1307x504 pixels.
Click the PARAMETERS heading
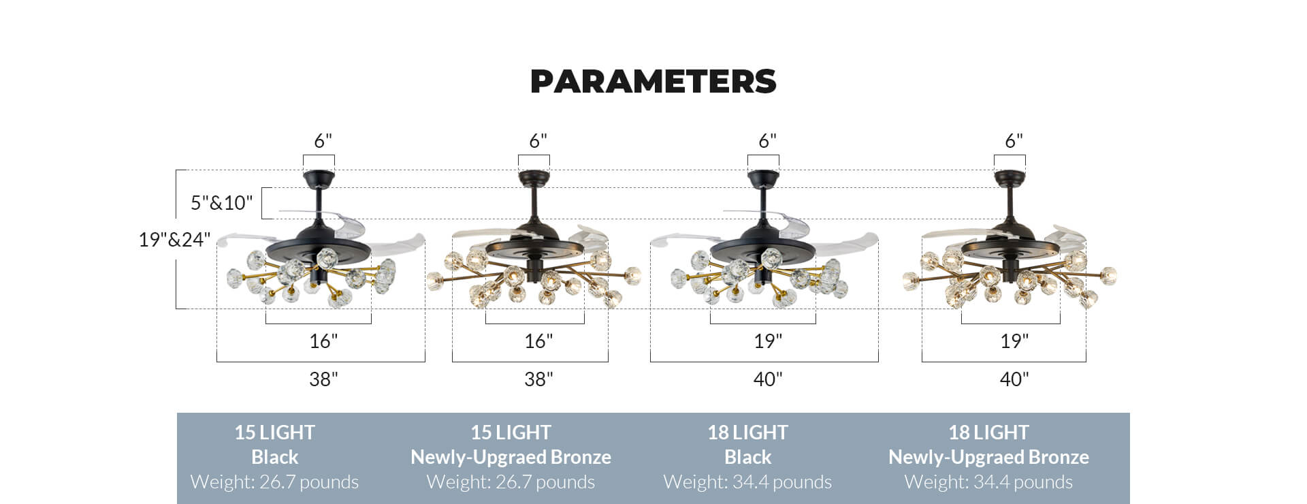pyautogui.click(x=653, y=81)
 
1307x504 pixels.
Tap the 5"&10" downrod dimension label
pyautogui.click(x=221, y=203)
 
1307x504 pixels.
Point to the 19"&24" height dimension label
pyautogui.click(x=174, y=240)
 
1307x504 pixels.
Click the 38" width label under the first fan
pyautogui.click(x=323, y=379)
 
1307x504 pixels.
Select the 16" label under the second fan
pyautogui.click(x=538, y=341)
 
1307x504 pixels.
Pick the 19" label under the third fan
pyautogui.click(x=768, y=341)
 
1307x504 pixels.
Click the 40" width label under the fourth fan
pyautogui.click(x=1014, y=379)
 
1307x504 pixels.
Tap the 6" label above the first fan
pyautogui.click(x=323, y=141)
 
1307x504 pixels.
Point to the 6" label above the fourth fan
pyautogui.click(x=1014, y=141)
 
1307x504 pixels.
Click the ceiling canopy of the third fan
pyautogui.click(x=763, y=179)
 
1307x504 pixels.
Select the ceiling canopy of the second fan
pyautogui.click(x=534, y=178)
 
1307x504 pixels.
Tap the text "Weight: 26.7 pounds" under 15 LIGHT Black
pyautogui.click(x=274, y=482)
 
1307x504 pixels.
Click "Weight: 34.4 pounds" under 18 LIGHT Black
pyautogui.click(x=747, y=482)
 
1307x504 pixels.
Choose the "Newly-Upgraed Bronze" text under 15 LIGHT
pyautogui.click(x=511, y=457)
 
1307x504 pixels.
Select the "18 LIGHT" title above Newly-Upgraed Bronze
pyautogui.click(x=988, y=432)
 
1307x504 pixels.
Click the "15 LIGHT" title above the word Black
pyautogui.click(x=274, y=432)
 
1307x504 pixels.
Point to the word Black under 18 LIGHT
pyautogui.click(x=747, y=457)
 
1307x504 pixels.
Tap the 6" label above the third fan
pyautogui.click(x=768, y=141)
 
